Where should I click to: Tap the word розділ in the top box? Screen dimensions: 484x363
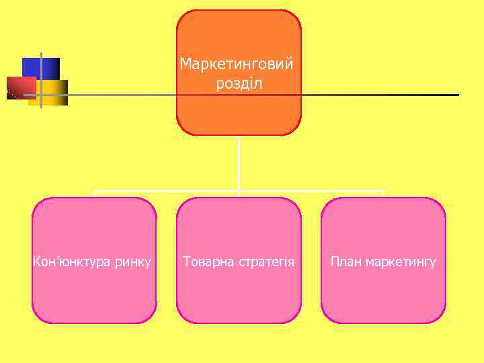tap(239, 84)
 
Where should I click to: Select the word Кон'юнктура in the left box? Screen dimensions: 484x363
tap(69, 261)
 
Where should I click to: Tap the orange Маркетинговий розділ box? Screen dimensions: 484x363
tap(239, 111)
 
